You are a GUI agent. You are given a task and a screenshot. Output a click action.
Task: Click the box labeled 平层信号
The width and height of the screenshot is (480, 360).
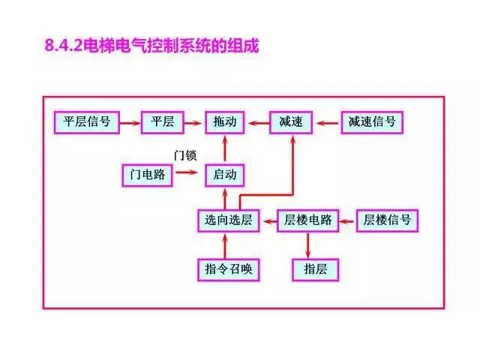point(87,121)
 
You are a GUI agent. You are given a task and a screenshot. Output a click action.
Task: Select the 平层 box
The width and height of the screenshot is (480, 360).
point(163,121)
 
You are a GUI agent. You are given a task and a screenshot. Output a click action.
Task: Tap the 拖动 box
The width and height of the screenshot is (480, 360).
point(225,121)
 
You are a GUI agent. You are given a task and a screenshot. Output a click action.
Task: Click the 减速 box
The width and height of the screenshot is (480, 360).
point(290,121)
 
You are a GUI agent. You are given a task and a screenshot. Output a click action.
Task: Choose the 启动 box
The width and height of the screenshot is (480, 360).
point(225,175)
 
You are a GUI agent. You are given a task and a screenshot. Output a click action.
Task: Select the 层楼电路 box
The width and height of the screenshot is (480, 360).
point(309,220)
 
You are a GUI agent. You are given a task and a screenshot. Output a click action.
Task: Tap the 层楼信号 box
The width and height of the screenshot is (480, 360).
point(387,220)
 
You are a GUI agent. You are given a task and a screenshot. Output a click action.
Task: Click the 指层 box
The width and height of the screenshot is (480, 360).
point(315,268)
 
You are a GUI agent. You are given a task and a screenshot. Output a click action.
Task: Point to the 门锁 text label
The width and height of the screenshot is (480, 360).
point(184,155)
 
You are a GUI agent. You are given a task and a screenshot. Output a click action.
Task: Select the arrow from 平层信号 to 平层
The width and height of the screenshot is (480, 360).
point(130,121)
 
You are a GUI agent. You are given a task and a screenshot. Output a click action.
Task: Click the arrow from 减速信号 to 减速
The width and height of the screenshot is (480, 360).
point(328,121)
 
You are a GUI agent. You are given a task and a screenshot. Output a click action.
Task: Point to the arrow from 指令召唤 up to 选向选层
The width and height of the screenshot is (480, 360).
point(226,245)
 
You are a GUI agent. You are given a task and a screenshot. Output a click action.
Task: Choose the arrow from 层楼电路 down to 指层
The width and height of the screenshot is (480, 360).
point(308,245)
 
